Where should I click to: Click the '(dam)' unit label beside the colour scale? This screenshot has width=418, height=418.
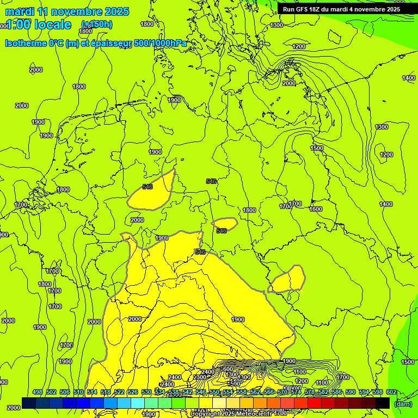point(402,404)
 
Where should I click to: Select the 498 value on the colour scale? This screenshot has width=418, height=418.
point(38,392)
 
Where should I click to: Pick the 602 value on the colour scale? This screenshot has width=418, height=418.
point(391,392)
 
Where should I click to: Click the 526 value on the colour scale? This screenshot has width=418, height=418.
point(133,392)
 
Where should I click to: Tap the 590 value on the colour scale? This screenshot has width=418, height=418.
point(351,392)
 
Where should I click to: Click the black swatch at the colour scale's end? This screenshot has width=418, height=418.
point(383,403)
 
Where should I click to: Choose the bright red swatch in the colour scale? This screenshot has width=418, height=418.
point(315,403)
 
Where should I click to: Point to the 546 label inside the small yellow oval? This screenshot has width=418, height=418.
point(221,231)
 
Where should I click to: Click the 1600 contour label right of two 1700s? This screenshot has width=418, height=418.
point(316,209)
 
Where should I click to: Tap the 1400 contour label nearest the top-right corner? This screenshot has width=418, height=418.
point(409,78)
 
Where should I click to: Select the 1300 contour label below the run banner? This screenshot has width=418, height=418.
point(276,25)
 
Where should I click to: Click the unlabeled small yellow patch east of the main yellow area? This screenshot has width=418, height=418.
point(288,280)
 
